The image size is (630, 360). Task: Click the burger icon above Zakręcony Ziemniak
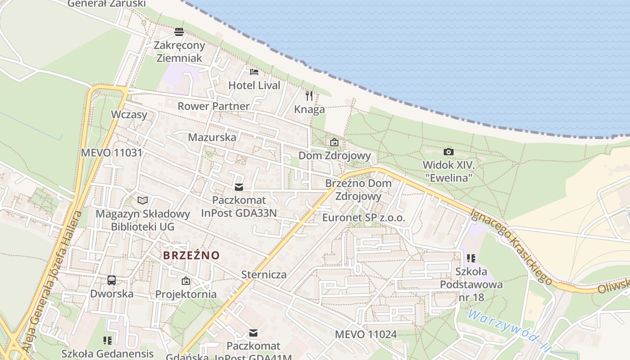point(179,32)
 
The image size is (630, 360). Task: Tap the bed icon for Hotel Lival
point(254,72)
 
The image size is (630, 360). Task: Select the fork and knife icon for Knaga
point(309,95)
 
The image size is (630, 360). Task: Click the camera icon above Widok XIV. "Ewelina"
point(448,152)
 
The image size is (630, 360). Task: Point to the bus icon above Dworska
point(112,280)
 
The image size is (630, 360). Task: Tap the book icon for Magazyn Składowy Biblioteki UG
point(143,200)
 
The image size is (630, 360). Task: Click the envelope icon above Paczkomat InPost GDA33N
point(238,187)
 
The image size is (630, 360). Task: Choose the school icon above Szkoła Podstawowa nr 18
point(471,258)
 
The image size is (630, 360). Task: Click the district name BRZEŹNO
point(191,256)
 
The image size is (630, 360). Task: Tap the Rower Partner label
point(213,106)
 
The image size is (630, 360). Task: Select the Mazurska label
point(212,137)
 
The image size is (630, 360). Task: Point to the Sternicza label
point(264,274)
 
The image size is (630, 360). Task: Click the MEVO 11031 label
point(112,153)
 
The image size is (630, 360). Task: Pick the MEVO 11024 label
point(366,334)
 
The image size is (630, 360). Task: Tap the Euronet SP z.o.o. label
point(364,218)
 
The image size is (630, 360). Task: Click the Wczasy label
point(129,114)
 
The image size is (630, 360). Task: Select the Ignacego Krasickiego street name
point(512,247)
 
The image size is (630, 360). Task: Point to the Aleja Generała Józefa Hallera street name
point(53,281)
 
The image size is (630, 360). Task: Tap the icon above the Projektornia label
point(185,281)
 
